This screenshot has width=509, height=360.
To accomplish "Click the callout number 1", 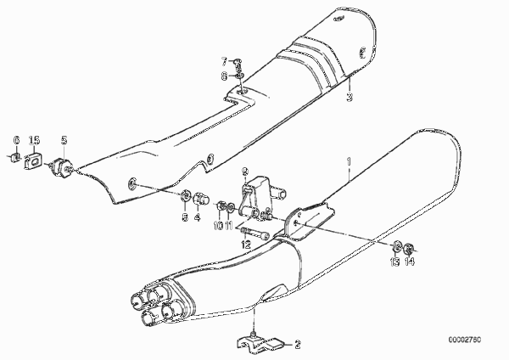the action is tap(349, 161).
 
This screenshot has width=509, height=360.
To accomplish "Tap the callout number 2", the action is tap(298, 344).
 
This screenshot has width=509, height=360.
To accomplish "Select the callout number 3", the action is tap(350, 97).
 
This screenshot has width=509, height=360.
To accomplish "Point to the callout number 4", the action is tap(198, 217).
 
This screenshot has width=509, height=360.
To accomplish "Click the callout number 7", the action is tap(225, 61).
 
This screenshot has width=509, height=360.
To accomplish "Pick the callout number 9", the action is tap(245, 171).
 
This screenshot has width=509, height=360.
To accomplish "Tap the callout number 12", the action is tap(246, 245).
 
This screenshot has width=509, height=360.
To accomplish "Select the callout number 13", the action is tap(394, 262).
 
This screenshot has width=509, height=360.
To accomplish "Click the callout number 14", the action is tap(410, 262).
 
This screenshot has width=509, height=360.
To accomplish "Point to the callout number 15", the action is tap(34, 141).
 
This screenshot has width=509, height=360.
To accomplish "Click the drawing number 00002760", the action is tap(465, 340).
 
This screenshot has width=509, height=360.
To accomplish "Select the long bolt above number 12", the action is tap(255, 233).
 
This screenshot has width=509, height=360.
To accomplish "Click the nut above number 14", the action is tap(408, 250).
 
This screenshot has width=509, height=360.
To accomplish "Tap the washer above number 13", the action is tap(397, 246).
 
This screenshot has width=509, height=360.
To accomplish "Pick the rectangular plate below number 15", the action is tap(32, 160).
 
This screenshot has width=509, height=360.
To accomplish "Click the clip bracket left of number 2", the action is tap(260, 344).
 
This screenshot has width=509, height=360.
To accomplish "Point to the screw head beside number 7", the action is tap(238, 61).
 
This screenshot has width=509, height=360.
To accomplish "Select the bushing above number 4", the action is tap(200, 199).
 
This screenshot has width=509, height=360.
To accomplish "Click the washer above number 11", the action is tap(231, 206).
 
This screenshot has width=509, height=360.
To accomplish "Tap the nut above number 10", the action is tap(220, 206).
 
